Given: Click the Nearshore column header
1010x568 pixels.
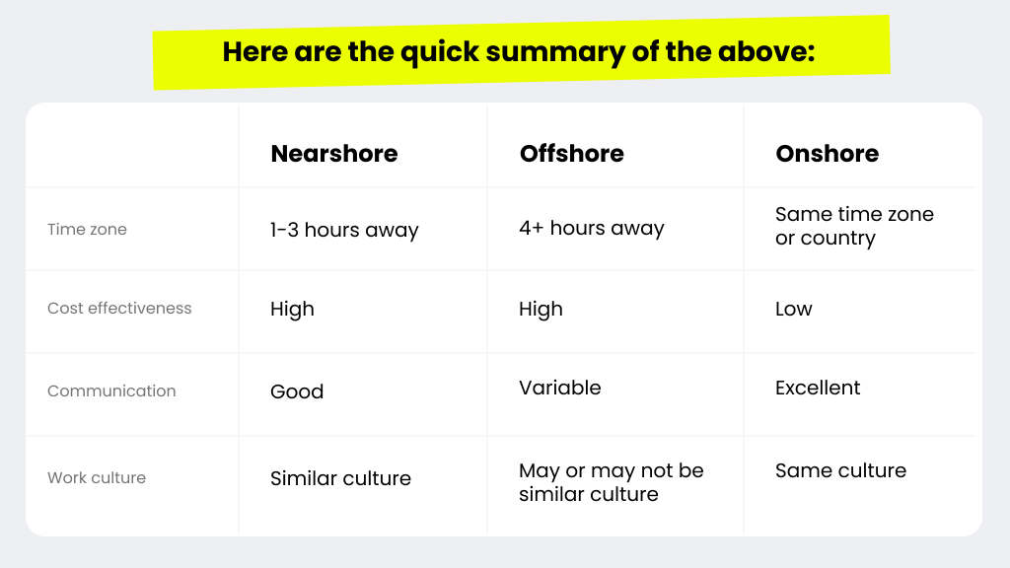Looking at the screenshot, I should pos(334,154).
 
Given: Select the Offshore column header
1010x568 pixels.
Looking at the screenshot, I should pos(572,154).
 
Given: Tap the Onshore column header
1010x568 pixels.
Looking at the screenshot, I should pos(827,154).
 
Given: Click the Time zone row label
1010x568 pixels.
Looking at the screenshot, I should pos(87,230).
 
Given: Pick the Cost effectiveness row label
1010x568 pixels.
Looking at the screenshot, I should pos(119,309).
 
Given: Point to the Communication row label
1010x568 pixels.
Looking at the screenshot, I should pos(111,391).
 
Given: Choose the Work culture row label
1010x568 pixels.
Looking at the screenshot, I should pos(97,478).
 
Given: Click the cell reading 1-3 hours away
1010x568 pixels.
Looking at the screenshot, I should pos(344,231).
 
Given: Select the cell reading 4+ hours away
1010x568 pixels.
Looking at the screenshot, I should pos(592,229).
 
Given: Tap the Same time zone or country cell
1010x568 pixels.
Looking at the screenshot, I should pos(854,227).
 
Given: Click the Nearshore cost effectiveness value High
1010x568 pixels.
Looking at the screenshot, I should pos(292,310).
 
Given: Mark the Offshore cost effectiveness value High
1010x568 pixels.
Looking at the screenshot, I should pos(541,310).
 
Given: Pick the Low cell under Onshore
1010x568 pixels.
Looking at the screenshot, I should pos(794,310).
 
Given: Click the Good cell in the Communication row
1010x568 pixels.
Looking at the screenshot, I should pos(297,391).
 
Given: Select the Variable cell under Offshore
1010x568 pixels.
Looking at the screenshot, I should pos(560,389).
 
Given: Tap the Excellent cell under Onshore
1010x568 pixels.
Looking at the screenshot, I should pos(818,389).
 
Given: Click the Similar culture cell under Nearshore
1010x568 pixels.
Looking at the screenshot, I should pos(340,479).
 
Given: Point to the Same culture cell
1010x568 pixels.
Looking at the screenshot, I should pos(840,471).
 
